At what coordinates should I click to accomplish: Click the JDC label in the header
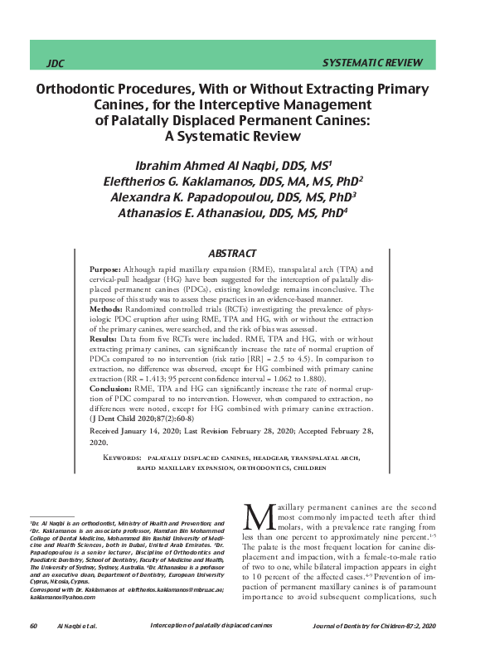click(x=56, y=63)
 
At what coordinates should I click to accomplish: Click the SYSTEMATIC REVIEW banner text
click(x=371, y=63)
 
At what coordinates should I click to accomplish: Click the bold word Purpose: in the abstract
click(x=105, y=271)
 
